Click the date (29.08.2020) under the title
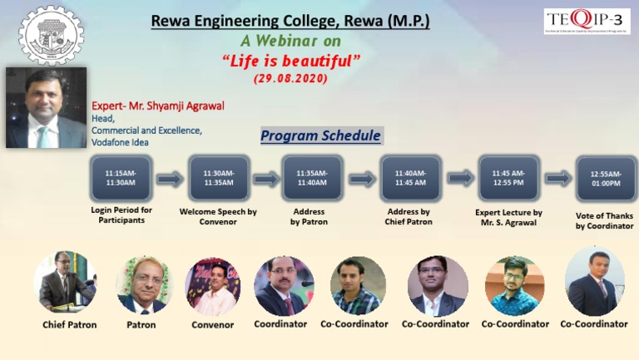pos(290,78)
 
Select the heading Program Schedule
pos(320,136)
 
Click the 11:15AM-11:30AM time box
pos(121,177)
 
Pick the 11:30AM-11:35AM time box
pos(219,177)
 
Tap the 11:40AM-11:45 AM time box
pos(410,177)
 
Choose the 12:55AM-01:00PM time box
pos(605,178)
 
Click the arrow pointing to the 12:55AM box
pos(558,178)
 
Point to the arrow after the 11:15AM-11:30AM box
pos(170,178)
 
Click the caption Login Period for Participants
pos(121,215)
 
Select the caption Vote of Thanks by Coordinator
pos(604,220)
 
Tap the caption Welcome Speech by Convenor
pos(218,216)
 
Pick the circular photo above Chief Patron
pos(65,282)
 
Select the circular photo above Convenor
pos(212,285)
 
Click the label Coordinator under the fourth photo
pos(280,323)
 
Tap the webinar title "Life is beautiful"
pos(291,61)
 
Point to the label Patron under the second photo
pos(141,324)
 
